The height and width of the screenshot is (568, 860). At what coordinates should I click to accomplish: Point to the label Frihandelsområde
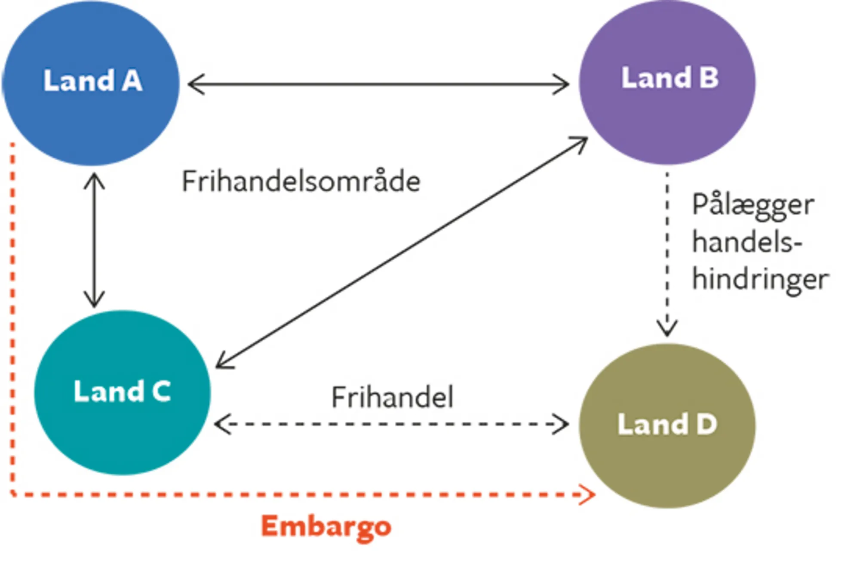coord(301,182)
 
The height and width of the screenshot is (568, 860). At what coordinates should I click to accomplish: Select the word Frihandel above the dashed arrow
coord(392,397)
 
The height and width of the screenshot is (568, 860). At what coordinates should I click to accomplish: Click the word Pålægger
coord(752,206)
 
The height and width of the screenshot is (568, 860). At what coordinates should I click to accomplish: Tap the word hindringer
coord(760,280)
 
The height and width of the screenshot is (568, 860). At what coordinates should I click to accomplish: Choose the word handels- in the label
coord(747,243)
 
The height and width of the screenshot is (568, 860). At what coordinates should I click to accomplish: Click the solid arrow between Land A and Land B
coord(378,84)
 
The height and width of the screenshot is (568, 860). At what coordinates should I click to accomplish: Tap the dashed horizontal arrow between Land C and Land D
coord(391,424)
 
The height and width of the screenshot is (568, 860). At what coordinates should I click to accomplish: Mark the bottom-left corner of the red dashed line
coord(13,494)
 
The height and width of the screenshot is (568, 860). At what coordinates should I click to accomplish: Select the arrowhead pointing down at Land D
coord(667,329)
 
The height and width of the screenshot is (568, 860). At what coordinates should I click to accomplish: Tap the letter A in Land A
coord(132,81)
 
